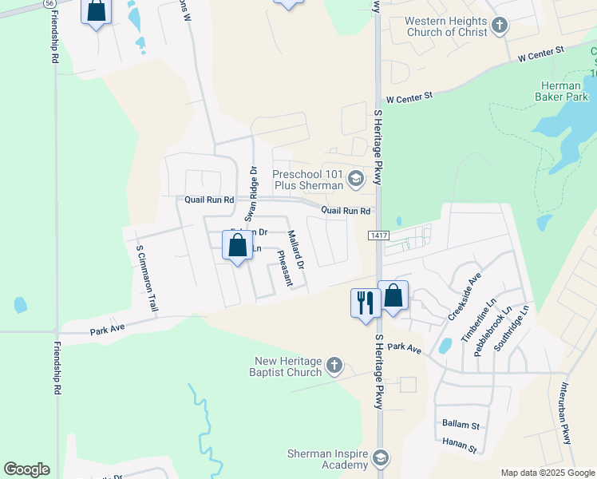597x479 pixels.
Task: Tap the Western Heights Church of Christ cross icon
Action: [500, 26]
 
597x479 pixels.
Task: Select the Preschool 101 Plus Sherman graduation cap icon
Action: [356, 180]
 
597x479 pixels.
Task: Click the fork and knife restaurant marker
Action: [366, 303]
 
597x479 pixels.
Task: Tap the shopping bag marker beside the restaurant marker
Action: [393, 296]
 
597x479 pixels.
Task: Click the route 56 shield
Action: [50, 4]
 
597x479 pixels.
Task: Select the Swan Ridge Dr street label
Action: [251, 193]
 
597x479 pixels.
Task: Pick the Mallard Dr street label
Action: [295, 249]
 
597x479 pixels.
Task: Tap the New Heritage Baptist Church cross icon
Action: [334, 366]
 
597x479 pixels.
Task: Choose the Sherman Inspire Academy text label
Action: [327, 459]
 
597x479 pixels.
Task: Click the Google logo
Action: [26, 469]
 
